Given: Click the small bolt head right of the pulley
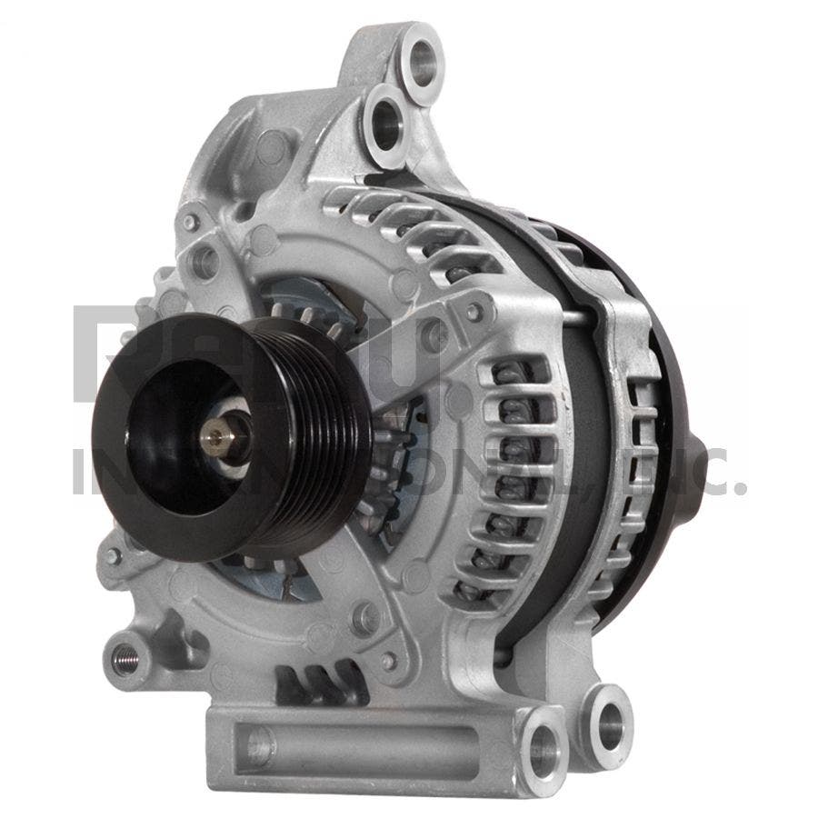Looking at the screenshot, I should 472,313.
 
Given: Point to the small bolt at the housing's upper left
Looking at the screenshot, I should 190,222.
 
